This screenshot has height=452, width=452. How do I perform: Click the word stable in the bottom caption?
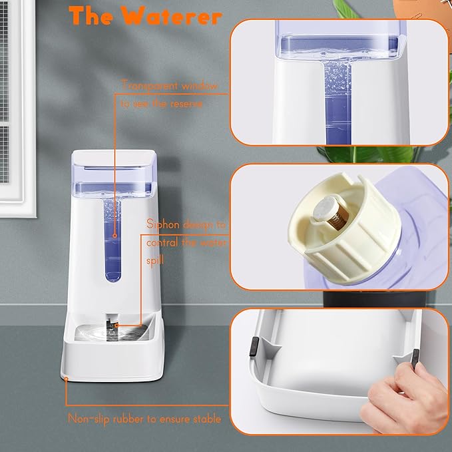coord(204,419)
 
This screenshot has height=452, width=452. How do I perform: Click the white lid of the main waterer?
coord(113,158)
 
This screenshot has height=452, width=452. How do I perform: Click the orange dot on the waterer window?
coord(114,235)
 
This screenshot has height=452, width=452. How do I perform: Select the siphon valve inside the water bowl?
coord(109,327)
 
